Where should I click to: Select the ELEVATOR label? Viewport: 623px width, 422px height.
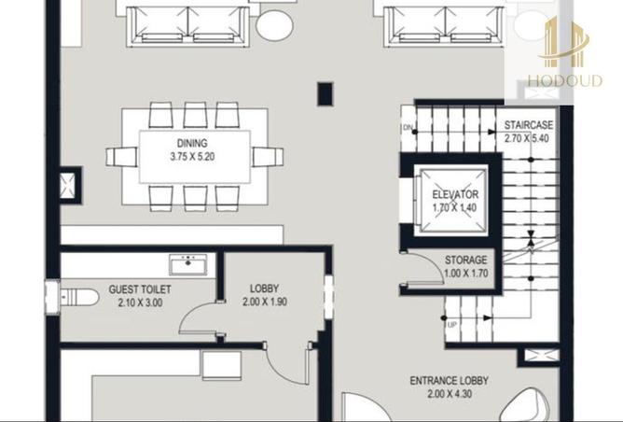(455, 195)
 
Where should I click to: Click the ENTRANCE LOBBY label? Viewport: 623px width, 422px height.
(450, 381)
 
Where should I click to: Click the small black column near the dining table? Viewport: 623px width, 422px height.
(325, 93)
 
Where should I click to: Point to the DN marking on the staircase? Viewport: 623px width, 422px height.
(408, 127)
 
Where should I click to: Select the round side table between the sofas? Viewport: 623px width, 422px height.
(275, 23)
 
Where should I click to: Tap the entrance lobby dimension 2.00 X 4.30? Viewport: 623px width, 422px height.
(450, 395)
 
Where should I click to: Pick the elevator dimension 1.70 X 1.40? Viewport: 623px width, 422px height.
(455, 208)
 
